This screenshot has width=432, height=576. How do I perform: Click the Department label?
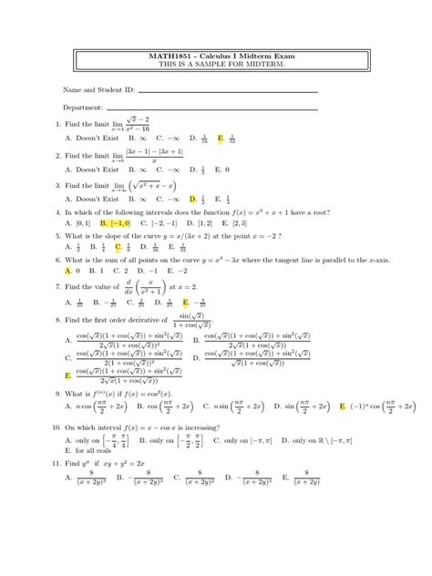point(83,108)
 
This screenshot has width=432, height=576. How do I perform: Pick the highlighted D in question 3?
point(193,198)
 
